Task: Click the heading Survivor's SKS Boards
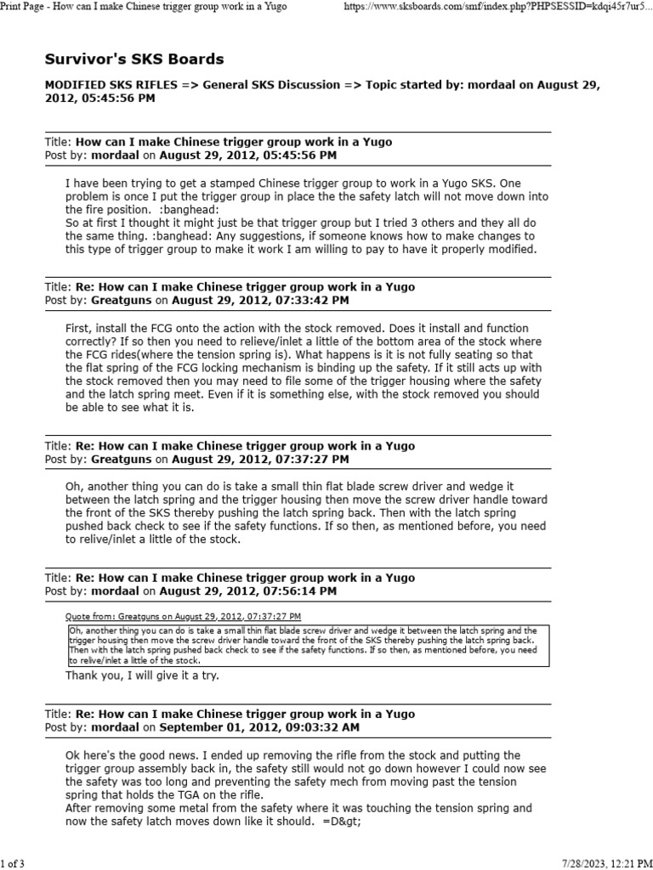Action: click(134, 59)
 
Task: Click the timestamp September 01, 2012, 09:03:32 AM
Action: click(259, 727)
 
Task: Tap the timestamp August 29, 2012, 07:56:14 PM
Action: click(247, 590)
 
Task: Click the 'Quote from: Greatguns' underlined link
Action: click(183, 616)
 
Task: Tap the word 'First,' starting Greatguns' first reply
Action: click(80, 327)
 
